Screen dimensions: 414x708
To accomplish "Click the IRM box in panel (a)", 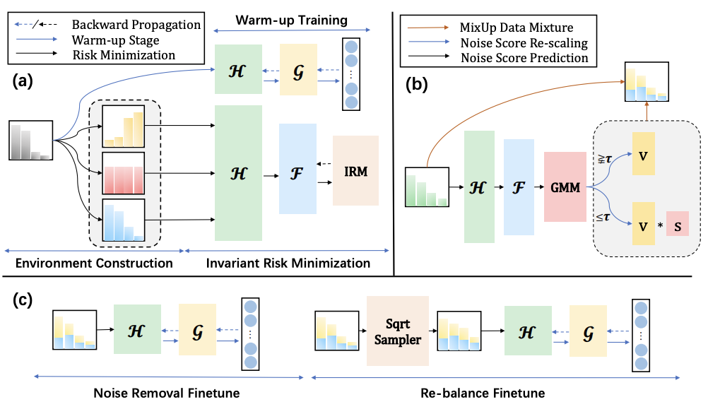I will (355, 170).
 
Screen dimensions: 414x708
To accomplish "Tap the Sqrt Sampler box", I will (398, 330).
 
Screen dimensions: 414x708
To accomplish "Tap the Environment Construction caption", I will (95, 264).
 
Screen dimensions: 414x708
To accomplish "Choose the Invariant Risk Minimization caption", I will (288, 264).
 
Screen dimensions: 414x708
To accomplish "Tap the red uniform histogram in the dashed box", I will (123, 172).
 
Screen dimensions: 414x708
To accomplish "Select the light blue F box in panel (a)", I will (298, 169).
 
